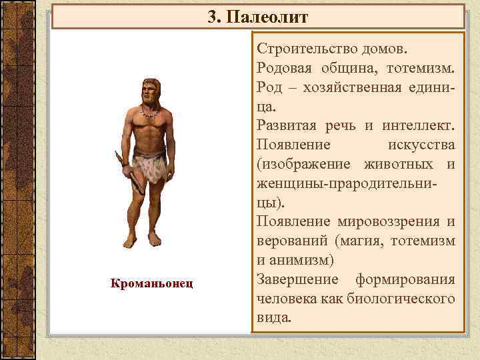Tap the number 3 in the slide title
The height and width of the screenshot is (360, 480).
click(212, 17)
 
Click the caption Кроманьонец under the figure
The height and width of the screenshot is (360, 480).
click(151, 283)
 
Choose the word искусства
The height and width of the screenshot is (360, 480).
click(421, 145)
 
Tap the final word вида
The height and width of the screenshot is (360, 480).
click(273, 317)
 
